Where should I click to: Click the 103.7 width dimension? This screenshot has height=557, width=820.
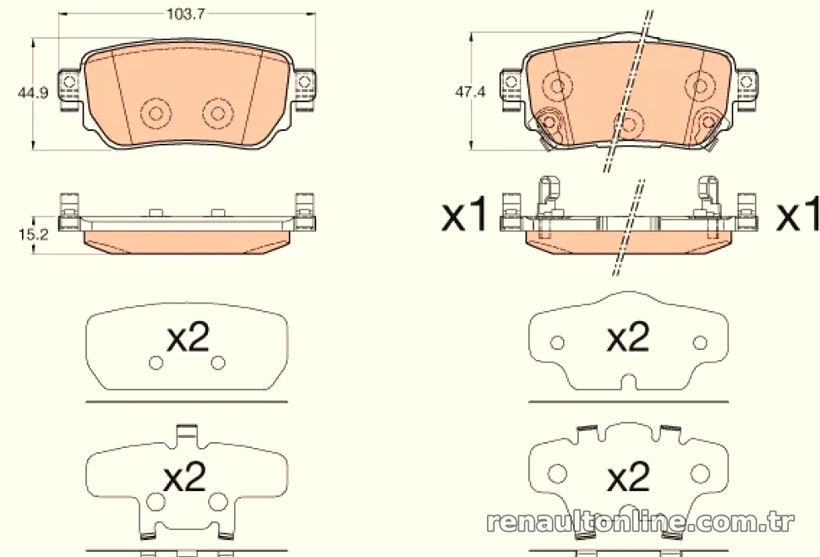click(185, 14)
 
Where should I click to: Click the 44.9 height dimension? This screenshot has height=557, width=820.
click(32, 93)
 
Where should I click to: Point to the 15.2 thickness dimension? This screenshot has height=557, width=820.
click(33, 235)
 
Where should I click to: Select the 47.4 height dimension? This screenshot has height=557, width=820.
click(470, 92)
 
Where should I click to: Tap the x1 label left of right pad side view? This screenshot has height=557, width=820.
click(464, 215)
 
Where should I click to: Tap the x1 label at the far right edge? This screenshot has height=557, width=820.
click(798, 215)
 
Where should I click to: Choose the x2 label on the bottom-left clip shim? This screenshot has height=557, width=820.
click(185, 477)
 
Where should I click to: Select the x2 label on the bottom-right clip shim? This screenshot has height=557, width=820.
click(628, 477)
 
